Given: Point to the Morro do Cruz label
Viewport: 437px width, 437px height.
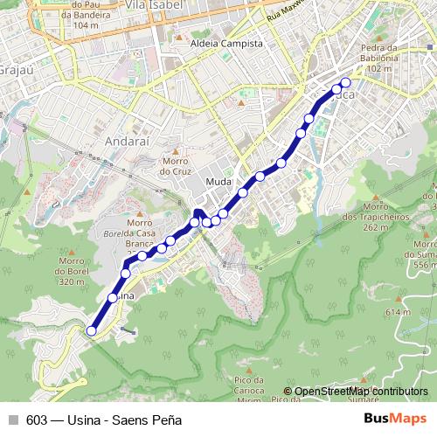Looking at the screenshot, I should tap(175, 166).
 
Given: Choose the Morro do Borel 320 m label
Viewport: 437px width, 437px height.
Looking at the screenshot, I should tap(71, 276).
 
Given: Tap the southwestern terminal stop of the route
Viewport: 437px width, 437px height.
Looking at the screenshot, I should tap(91, 330).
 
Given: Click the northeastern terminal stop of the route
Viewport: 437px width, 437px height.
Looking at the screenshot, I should tap(345, 83).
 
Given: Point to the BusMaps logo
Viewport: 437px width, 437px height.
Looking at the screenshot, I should tap(396, 419).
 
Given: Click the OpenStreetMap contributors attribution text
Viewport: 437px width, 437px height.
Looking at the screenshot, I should tap(360, 392).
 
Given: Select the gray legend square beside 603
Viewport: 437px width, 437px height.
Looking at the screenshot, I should tap(13, 420).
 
